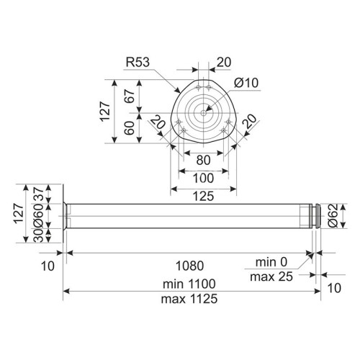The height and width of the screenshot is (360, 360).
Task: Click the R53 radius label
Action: point(138,62)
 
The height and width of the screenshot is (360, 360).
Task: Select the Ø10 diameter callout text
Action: point(246,83)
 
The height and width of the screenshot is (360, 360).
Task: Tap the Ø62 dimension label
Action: point(333,215)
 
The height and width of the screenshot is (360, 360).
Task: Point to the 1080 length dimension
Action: point(190,266)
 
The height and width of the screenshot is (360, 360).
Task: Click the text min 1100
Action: point(189,284)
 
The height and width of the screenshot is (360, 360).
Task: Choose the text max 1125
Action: point(189,299)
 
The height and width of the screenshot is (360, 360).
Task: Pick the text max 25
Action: point(271,276)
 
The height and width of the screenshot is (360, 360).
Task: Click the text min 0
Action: point(271,262)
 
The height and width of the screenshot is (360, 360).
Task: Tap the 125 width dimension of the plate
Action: point(203,197)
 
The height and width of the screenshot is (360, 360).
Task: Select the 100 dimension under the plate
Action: point(203,179)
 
